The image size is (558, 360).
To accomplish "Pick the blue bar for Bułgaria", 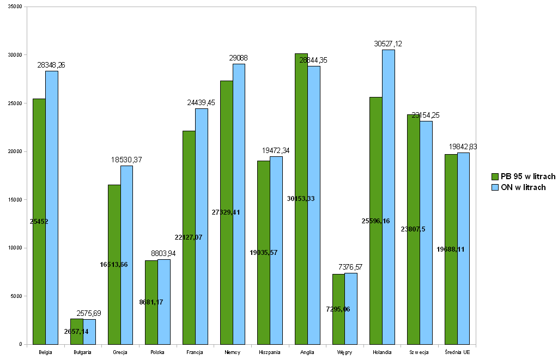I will coord(89,332).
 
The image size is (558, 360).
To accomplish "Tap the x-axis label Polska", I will coord(157,352).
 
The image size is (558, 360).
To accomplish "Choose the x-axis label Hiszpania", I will coord(270,352).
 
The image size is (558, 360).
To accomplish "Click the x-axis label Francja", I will coord(195,352).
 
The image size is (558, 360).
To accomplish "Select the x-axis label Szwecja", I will coord(419,352).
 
